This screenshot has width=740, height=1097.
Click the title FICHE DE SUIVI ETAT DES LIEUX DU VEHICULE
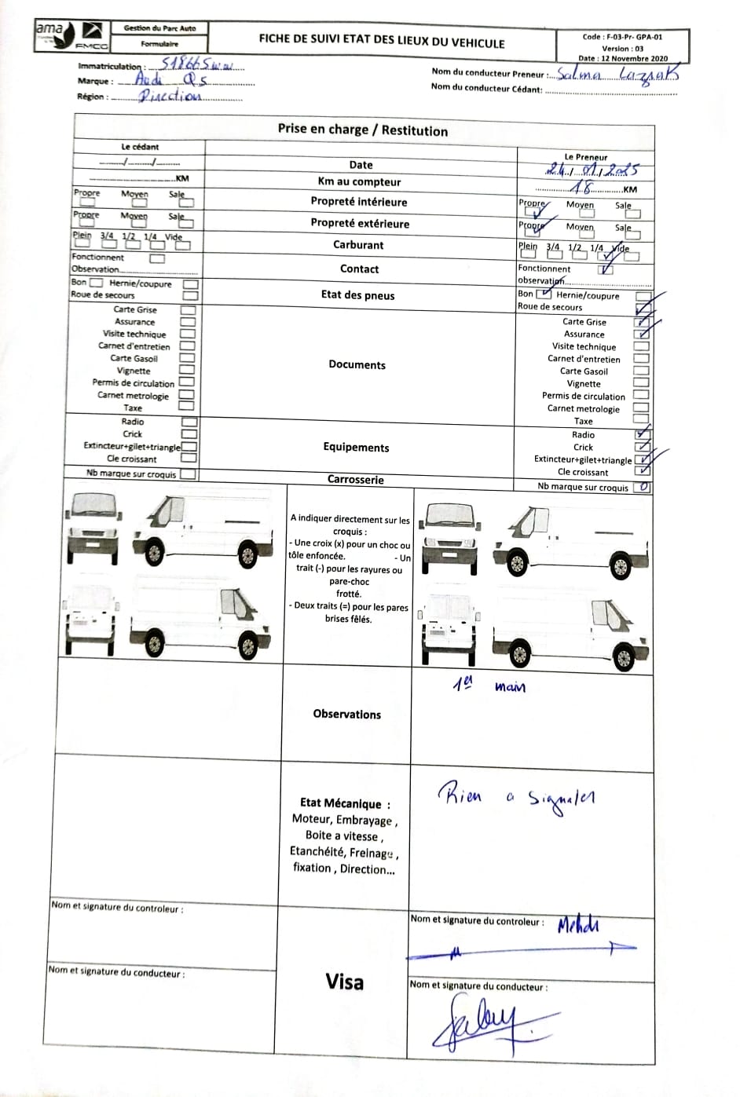point(382,42)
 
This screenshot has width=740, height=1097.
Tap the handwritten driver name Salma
point(580,75)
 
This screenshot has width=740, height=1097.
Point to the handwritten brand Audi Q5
point(170,79)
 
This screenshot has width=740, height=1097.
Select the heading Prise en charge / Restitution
point(363,130)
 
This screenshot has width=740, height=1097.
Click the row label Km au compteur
point(359,181)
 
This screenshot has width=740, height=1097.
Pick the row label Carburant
point(358,245)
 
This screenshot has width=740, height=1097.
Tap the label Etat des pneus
point(357,295)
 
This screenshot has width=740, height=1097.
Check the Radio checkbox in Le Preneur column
point(642,434)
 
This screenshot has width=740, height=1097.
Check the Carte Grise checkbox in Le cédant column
point(188,309)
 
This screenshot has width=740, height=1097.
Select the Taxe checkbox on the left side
point(186,407)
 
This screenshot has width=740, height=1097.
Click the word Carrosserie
point(356,480)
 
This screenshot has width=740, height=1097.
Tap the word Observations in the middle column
point(346,715)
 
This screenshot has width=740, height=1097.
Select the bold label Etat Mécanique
point(341,803)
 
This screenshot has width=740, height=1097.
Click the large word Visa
point(345,982)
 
